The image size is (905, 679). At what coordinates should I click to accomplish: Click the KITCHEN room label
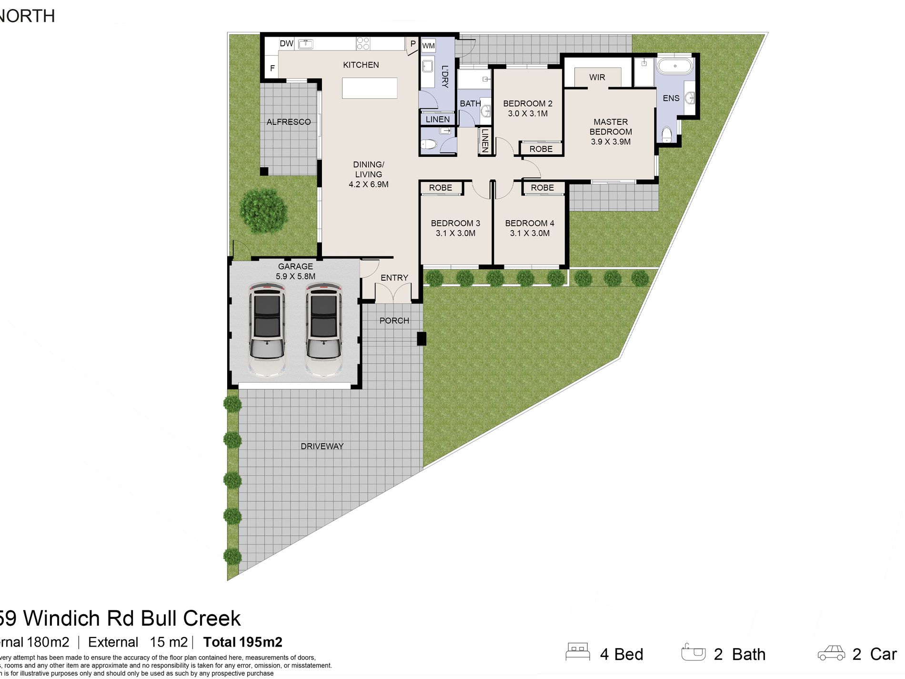(361, 65)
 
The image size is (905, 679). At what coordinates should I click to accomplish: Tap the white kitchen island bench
(370, 88)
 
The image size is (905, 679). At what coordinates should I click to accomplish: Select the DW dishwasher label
(286, 43)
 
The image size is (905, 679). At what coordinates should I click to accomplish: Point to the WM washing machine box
(428, 46)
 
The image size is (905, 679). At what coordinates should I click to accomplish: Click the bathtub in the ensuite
(674, 66)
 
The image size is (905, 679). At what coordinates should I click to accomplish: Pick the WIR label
(597, 77)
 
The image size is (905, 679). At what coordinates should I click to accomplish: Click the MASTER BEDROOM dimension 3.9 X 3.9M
(611, 142)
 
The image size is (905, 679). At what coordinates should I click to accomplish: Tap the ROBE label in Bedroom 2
(541, 149)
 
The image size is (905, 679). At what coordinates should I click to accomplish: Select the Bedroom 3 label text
(455, 223)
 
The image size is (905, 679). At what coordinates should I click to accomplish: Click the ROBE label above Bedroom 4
(542, 188)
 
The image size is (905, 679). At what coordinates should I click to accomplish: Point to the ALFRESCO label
(288, 122)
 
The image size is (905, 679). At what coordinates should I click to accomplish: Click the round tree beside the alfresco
(263, 210)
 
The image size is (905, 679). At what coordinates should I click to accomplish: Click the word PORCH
(394, 321)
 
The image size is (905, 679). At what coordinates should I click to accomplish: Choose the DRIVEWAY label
(322, 446)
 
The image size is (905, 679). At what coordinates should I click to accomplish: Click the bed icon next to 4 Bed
(578, 651)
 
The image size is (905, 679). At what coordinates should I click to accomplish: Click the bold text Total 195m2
(242, 642)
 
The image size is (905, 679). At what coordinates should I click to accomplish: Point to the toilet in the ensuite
(667, 134)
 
